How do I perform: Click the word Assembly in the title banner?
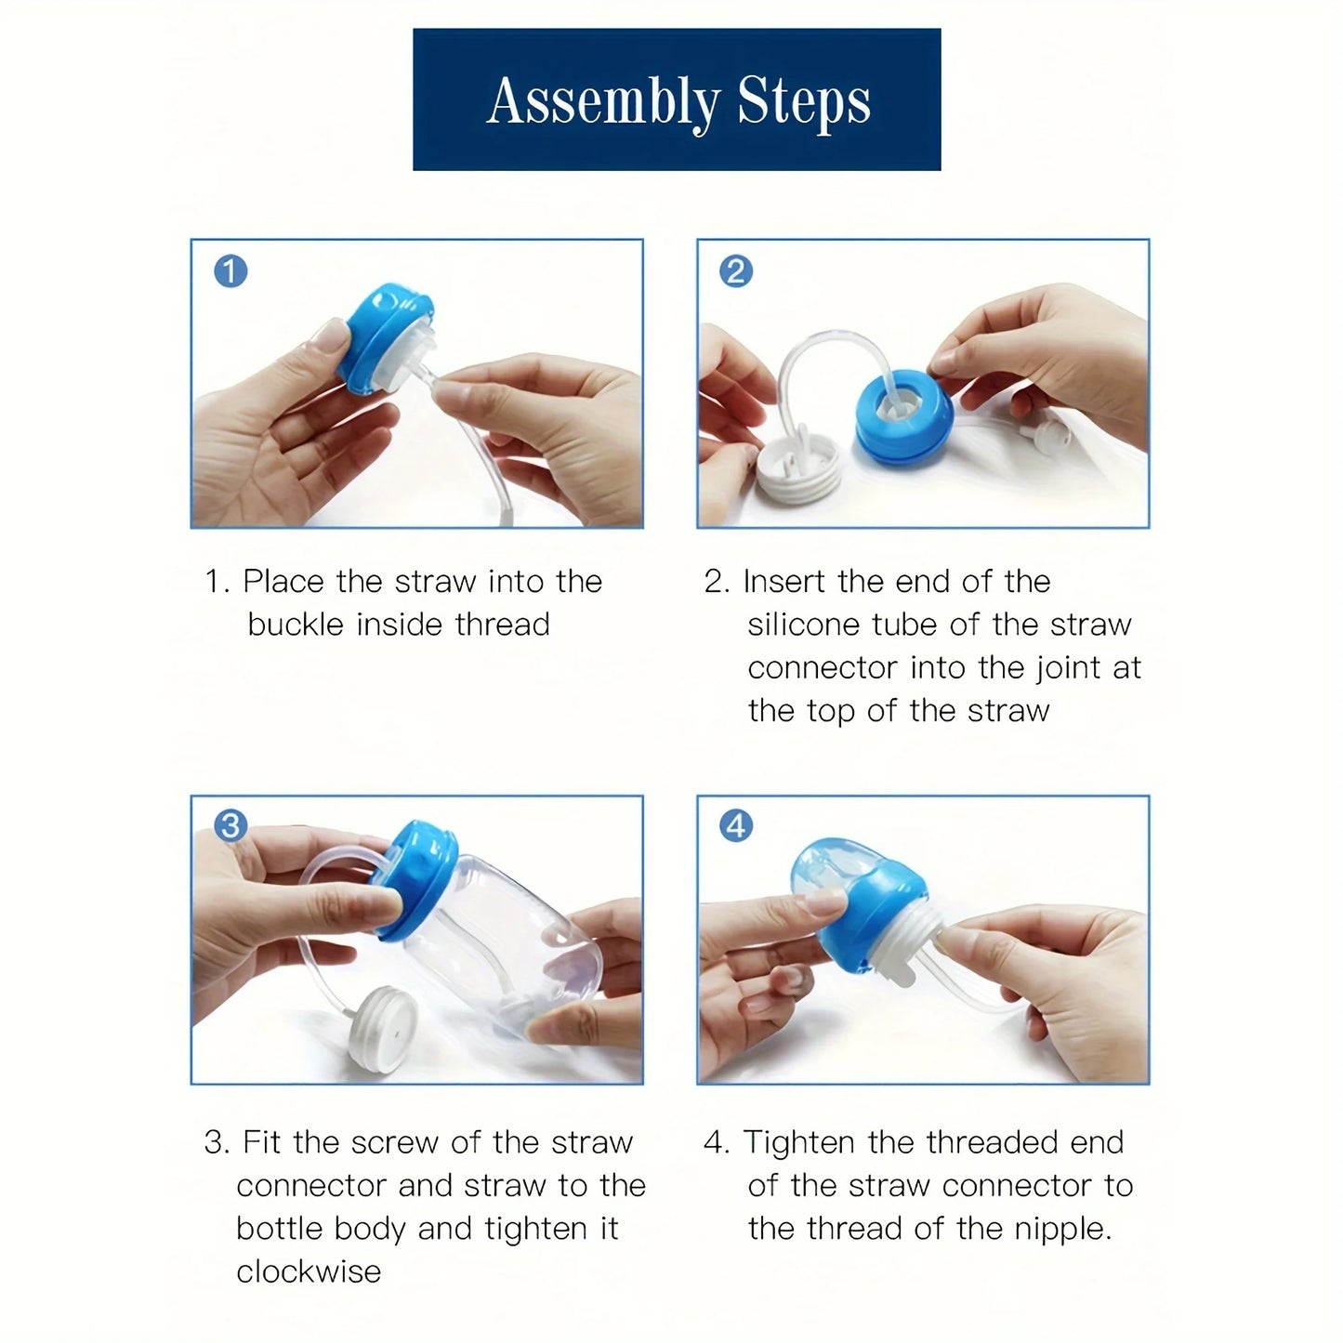coord(604,101)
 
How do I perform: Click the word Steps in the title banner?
coord(804,101)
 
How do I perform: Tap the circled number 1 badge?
coord(230,271)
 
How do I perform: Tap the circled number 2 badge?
coord(736,271)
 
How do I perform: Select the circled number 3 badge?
coord(230,825)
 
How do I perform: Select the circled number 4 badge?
coord(736,825)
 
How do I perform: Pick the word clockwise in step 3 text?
coord(309,1271)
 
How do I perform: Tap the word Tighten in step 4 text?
coord(797,1141)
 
